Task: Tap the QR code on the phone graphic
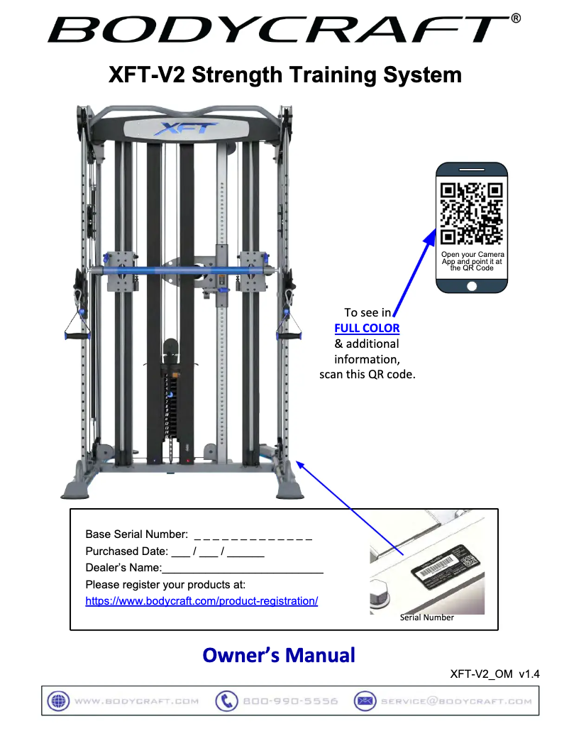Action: tap(471, 214)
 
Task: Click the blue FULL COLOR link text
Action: tap(367, 328)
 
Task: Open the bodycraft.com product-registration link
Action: tap(201, 601)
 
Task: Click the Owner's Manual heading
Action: tap(279, 654)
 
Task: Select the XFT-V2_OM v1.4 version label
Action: tap(495, 675)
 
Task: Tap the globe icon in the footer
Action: tap(57, 701)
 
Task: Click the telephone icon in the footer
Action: tap(226, 701)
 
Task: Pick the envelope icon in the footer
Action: tap(365, 701)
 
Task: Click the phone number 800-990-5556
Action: tap(290, 701)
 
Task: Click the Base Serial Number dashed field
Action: tap(253, 534)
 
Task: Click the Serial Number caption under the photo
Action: tap(426, 617)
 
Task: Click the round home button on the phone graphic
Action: tap(472, 286)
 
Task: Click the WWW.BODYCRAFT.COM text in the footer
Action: tap(136, 701)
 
